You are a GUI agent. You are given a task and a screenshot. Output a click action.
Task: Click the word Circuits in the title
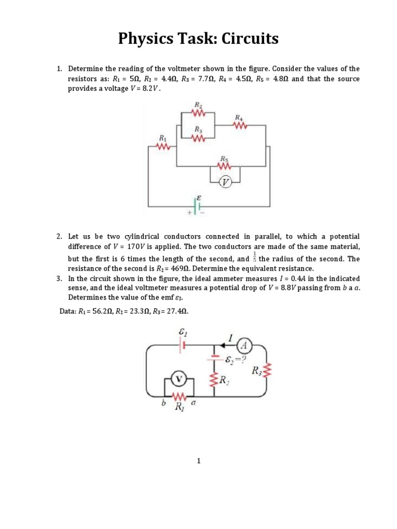pyautogui.click(x=250, y=39)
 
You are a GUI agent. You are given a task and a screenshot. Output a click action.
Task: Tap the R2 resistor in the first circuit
pyautogui.click(x=198, y=112)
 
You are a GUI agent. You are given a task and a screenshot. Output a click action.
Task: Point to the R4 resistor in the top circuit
pyautogui.click(x=239, y=126)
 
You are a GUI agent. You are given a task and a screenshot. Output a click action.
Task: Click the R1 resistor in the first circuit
pyautogui.click(x=163, y=147)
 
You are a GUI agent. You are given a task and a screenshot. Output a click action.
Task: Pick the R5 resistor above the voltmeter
pyautogui.click(x=225, y=166)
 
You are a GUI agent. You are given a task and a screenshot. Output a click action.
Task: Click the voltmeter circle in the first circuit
pyautogui.click(x=225, y=182)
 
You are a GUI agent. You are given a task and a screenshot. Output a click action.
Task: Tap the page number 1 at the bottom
pyautogui.click(x=198, y=462)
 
